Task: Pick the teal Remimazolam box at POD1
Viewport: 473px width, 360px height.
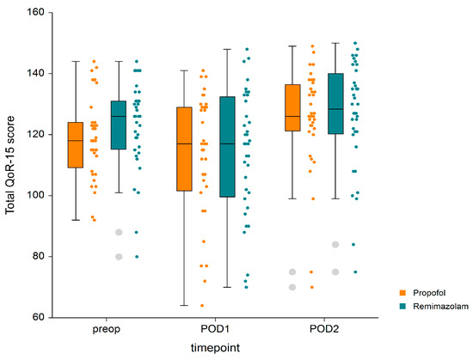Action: [x=227, y=158]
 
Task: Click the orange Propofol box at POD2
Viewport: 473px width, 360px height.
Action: [x=292, y=107]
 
